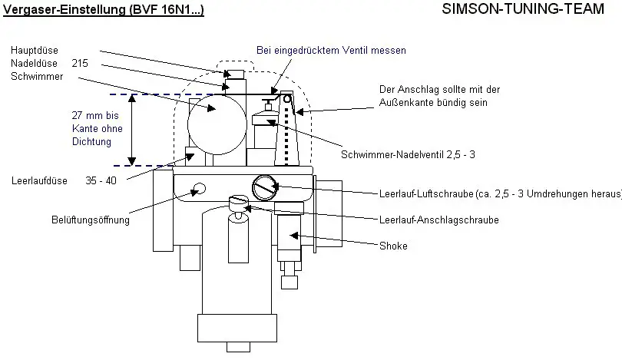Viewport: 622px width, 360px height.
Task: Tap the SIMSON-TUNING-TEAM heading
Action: (530, 11)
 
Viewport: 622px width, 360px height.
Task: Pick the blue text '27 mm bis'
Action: (91, 114)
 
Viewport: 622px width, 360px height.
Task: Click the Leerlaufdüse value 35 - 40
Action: (101, 181)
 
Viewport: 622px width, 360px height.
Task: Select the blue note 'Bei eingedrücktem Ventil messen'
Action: (331, 51)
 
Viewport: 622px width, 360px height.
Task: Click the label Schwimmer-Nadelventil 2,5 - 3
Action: (408, 154)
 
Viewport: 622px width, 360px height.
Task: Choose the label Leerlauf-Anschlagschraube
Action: (439, 220)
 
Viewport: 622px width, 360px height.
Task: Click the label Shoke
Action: (393, 246)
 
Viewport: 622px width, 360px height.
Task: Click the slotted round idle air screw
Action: (265, 186)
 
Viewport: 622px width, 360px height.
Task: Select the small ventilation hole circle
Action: (201, 189)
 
